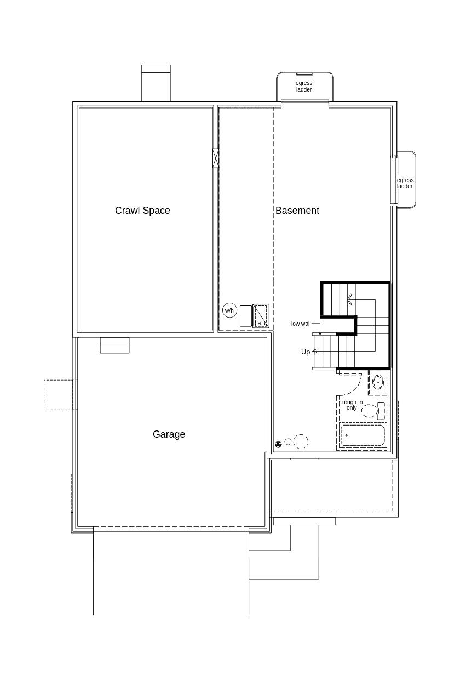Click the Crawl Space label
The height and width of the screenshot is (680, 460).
click(x=142, y=211)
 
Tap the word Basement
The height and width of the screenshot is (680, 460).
click(x=297, y=211)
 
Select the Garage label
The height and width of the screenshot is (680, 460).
click(x=169, y=434)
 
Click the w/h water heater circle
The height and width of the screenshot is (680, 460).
click(x=229, y=310)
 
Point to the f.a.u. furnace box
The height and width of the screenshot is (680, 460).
click(x=261, y=316)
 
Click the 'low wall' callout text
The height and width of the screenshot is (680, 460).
click(x=301, y=324)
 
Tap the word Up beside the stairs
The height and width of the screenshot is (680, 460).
click(x=305, y=352)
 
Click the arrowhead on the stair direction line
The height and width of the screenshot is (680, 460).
click(x=349, y=299)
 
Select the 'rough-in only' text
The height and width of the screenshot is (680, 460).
click(x=352, y=405)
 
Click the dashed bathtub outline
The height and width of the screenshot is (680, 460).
click(x=363, y=435)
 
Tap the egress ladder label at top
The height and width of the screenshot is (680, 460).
click(x=304, y=87)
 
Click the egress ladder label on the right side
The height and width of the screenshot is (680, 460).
click(x=405, y=183)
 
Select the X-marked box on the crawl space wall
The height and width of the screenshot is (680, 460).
click(x=215, y=158)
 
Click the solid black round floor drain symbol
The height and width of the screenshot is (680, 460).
click(x=278, y=444)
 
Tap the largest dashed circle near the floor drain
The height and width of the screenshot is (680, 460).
click(x=301, y=441)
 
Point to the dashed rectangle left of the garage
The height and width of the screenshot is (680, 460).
click(x=59, y=394)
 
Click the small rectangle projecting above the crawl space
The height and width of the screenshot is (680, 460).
click(x=156, y=83)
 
